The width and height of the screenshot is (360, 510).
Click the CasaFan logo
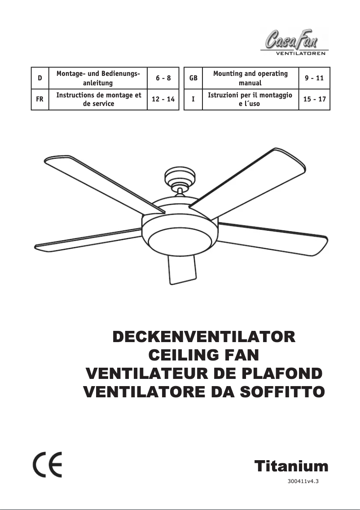[x=292, y=40]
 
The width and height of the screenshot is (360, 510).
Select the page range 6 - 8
[x=163, y=78]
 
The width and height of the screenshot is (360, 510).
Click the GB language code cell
[x=193, y=78]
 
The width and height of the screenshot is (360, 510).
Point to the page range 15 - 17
[x=315, y=99]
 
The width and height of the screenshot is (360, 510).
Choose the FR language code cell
[x=40, y=99]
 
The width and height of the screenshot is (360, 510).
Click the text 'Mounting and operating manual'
[x=250, y=78]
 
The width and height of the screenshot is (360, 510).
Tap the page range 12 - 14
[x=163, y=99]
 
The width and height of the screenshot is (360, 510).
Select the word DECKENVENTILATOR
[x=203, y=337]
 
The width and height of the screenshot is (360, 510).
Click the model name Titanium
[x=291, y=466]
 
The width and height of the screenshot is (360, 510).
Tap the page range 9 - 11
[x=314, y=78]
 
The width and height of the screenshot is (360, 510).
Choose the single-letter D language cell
[x=40, y=78]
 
